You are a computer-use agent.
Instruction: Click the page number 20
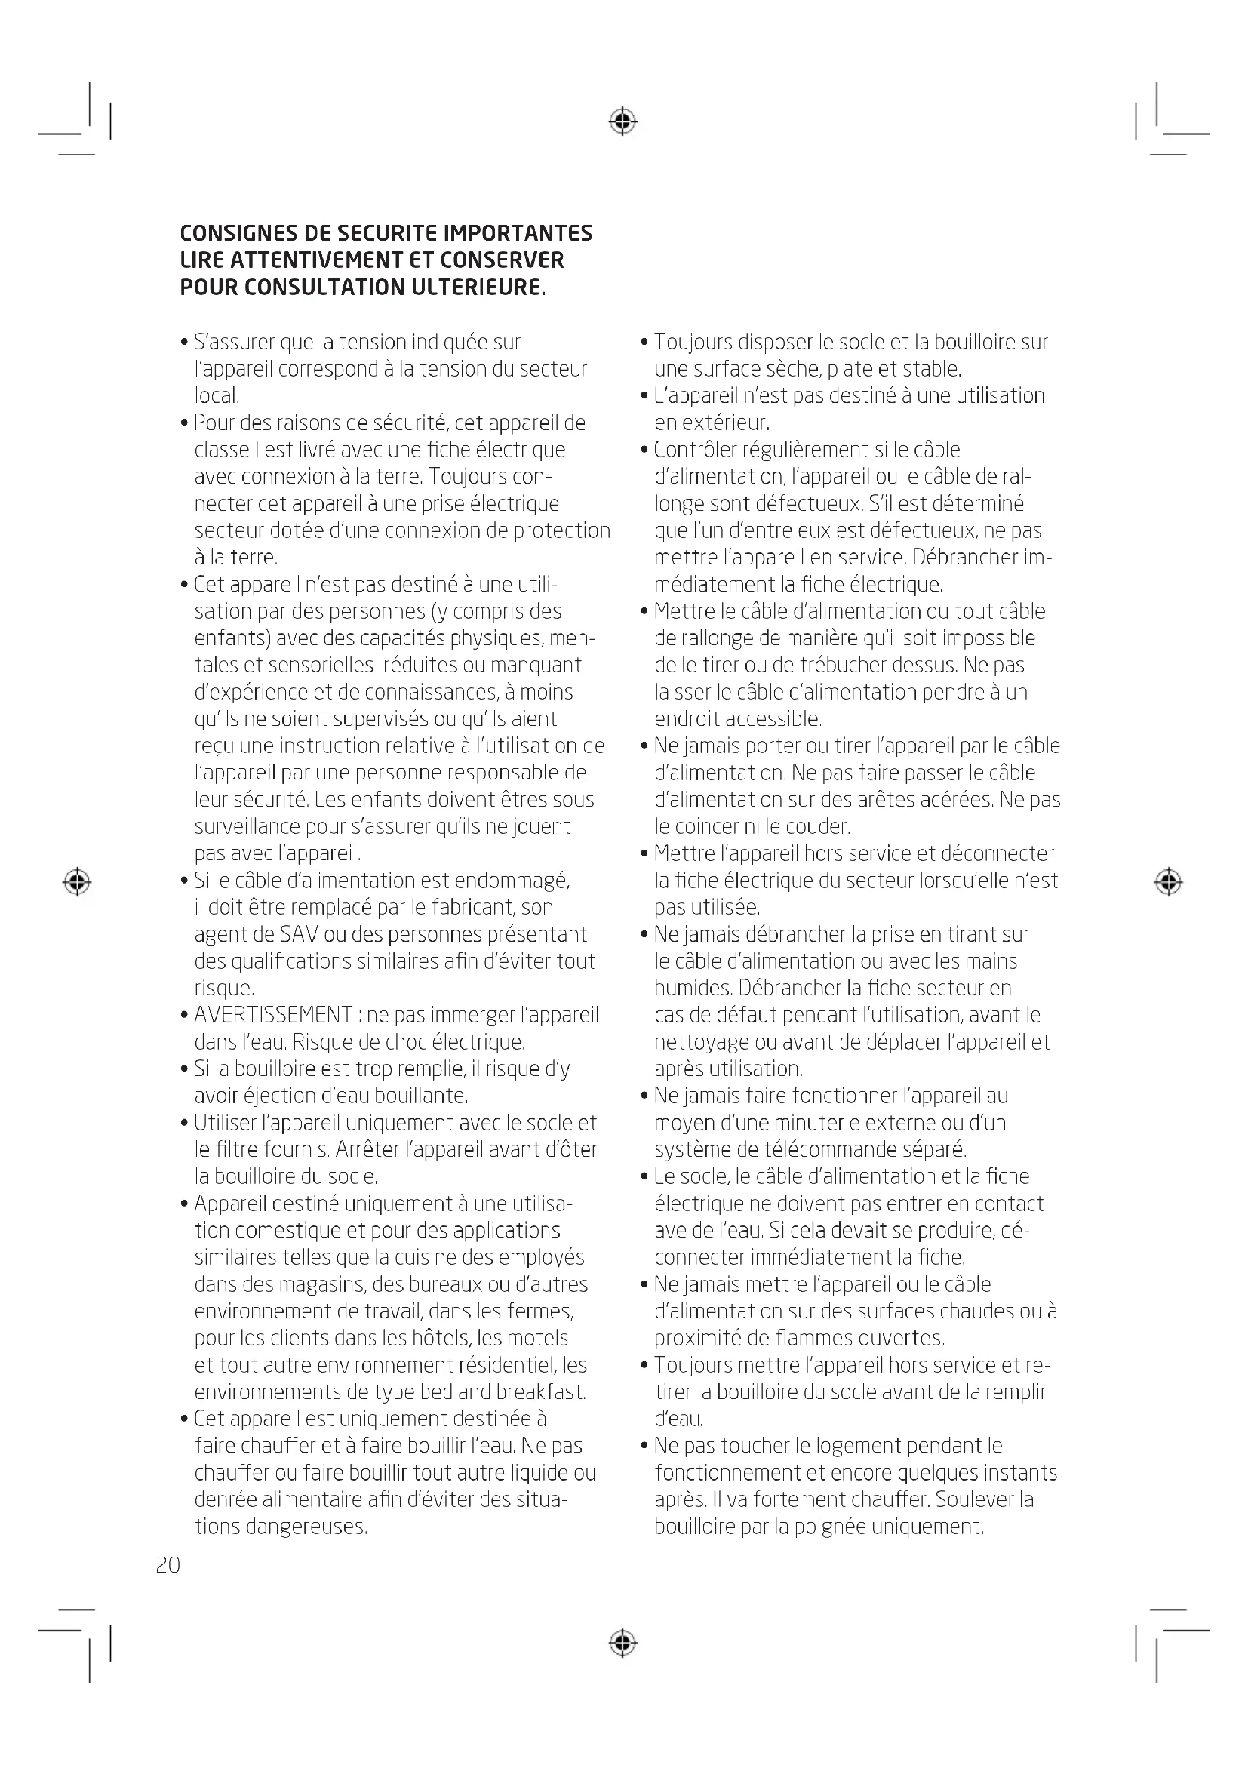pyautogui.click(x=168, y=1565)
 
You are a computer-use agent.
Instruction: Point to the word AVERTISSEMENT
pyautogui.click(x=273, y=1015)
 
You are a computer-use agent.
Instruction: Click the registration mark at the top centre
pyautogui.click(x=623, y=121)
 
